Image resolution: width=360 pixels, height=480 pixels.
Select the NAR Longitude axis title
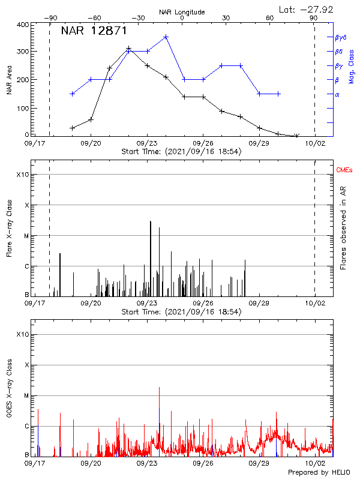point(182,12)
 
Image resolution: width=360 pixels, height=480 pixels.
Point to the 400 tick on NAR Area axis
point(22,25)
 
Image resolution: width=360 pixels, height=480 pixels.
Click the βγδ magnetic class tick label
point(340,37)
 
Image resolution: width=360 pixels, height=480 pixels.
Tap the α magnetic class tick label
point(337,94)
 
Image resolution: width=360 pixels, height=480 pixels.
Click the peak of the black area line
point(128,49)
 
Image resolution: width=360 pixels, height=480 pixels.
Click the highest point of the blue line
point(166,37)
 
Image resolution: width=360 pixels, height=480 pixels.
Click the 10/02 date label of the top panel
point(315,143)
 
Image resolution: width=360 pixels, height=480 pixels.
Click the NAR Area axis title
point(10,80)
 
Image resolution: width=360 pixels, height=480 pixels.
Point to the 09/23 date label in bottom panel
point(147,464)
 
